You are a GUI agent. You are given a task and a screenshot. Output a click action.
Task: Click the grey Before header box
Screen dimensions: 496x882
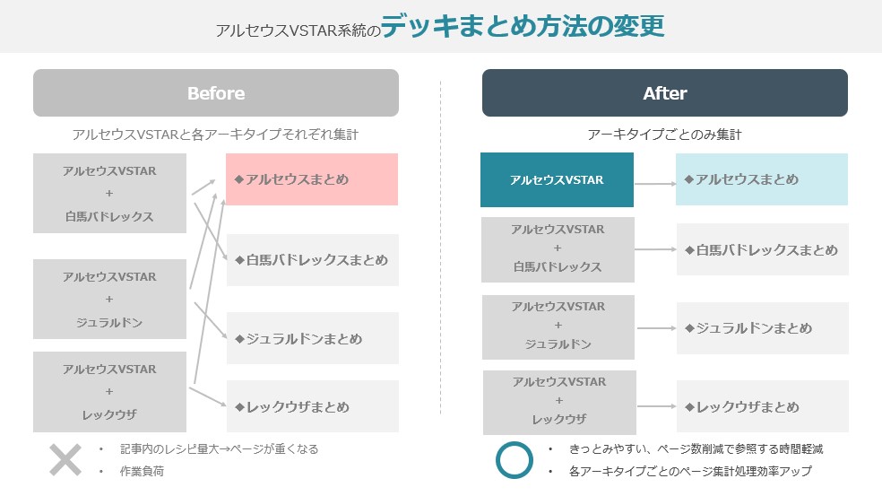(x=215, y=93)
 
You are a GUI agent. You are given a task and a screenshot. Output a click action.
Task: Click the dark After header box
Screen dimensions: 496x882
(x=664, y=93)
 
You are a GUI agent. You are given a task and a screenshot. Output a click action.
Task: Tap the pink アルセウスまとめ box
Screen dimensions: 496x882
(x=311, y=179)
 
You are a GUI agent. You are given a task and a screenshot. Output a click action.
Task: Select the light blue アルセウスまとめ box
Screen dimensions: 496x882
(x=761, y=179)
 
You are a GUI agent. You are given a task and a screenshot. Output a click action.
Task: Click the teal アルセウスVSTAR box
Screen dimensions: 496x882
(x=557, y=179)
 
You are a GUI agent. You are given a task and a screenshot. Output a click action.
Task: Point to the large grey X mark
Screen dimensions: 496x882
(x=65, y=459)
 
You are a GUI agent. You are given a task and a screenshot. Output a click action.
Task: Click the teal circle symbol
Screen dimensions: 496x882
(x=514, y=459)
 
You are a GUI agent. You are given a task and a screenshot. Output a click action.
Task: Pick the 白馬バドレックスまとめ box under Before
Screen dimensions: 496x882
(x=311, y=260)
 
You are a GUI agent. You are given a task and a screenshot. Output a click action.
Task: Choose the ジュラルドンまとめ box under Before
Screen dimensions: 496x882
(x=311, y=339)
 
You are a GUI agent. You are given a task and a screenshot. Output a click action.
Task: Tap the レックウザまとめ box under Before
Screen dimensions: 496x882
(x=311, y=407)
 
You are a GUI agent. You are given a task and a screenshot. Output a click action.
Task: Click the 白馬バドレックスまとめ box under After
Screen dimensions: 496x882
(x=761, y=249)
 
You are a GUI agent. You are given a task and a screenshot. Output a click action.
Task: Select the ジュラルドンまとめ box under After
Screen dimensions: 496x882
(x=761, y=328)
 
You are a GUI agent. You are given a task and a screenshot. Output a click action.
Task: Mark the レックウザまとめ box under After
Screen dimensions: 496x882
(x=761, y=407)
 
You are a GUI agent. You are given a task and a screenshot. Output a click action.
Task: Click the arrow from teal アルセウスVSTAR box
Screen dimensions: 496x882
(x=654, y=183)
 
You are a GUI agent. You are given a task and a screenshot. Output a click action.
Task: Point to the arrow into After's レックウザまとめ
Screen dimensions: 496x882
(x=654, y=407)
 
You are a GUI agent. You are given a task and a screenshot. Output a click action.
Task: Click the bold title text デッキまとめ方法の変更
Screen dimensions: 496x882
(x=523, y=26)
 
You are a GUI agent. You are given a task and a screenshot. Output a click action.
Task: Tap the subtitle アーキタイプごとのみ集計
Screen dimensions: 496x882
(x=664, y=135)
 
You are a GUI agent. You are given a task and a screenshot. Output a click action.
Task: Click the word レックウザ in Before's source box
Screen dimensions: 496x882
(x=109, y=414)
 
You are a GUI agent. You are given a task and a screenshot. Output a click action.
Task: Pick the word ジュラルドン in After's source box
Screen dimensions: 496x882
(x=558, y=344)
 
